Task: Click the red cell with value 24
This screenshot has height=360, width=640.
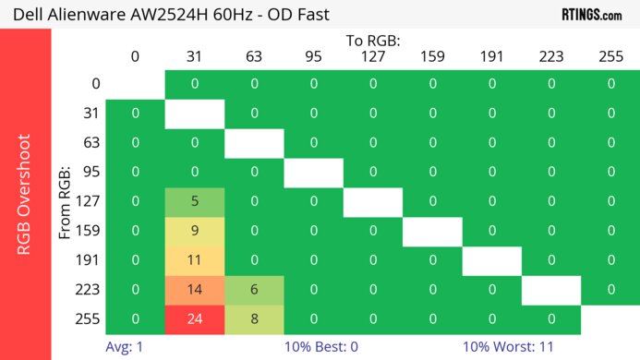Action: (x=195, y=319)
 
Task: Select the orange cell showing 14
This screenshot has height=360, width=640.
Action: (x=195, y=290)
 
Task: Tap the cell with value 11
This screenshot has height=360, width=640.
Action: (x=195, y=260)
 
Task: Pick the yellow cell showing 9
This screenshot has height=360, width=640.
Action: (x=195, y=231)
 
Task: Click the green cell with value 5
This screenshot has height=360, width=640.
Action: (x=195, y=201)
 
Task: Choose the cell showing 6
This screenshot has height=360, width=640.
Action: (x=254, y=290)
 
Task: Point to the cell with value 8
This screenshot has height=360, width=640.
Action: (x=254, y=319)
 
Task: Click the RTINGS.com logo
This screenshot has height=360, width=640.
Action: (x=591, y=14)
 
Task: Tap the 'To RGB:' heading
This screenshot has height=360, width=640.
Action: (x=372, y=42)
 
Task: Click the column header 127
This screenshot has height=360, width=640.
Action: (x=372, y=56)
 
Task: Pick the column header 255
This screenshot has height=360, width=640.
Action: (x=610, y=56)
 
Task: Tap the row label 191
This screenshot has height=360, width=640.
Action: (x=88, y=260)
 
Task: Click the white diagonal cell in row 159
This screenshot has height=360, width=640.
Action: (x=432, y=231)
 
